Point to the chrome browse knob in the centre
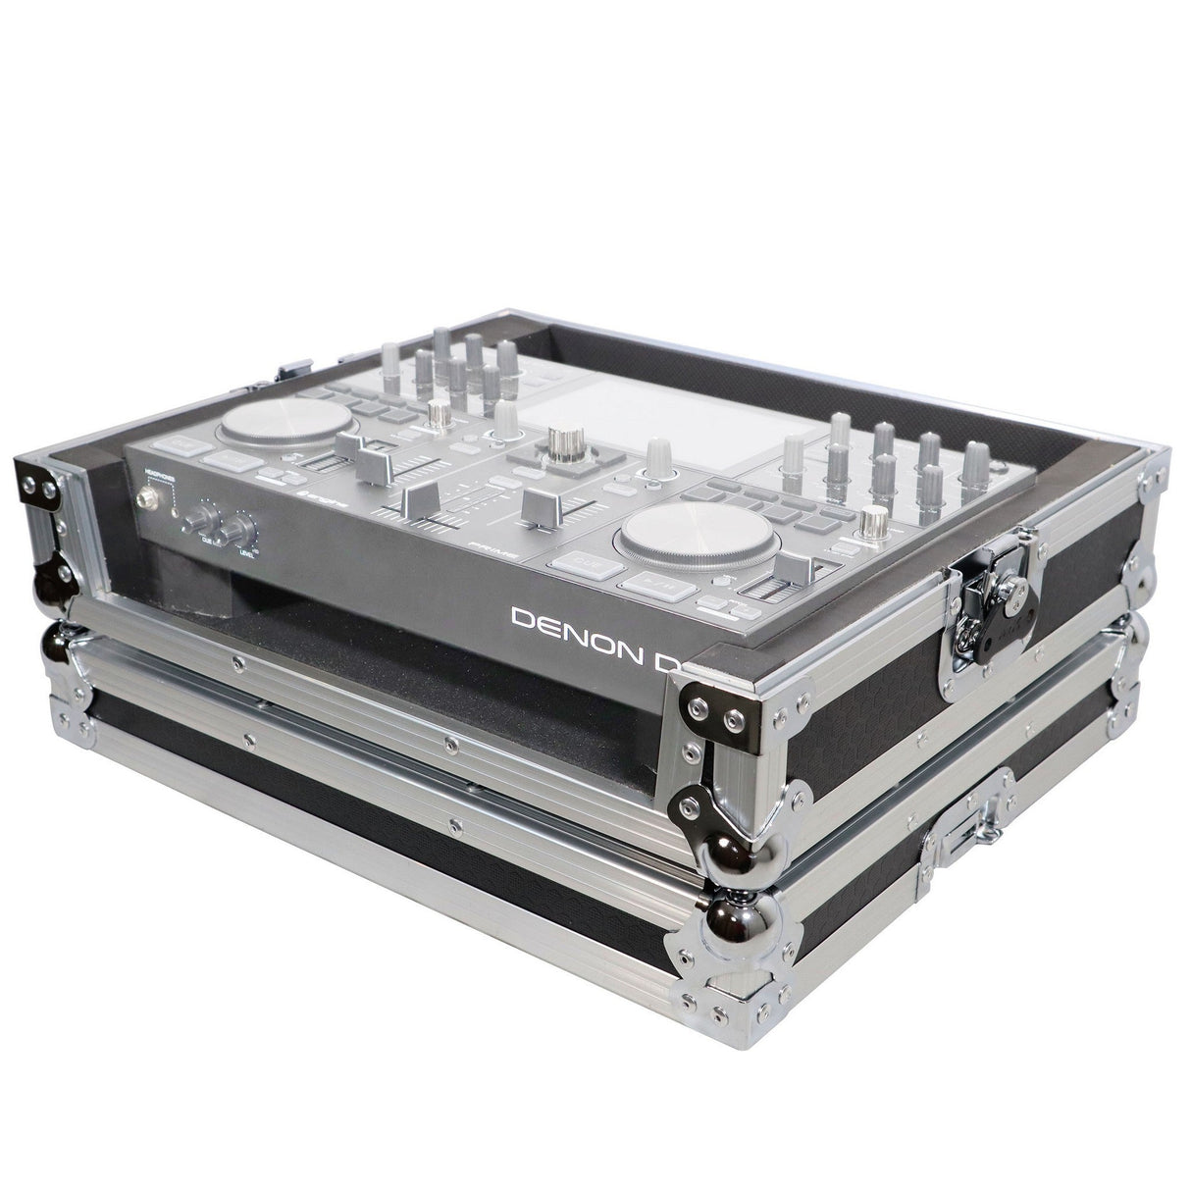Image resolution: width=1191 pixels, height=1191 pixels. point(562,442)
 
